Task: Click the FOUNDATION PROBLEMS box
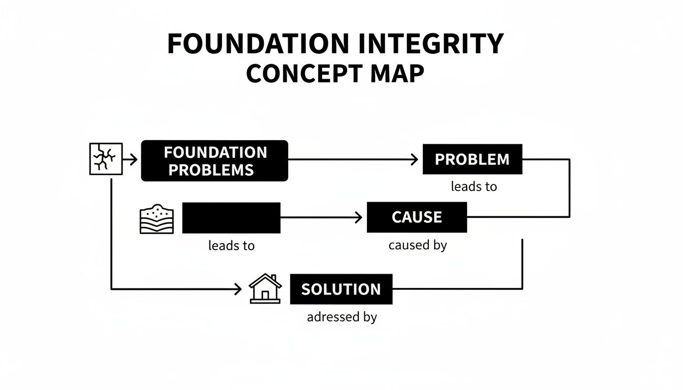214,161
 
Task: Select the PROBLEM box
472,159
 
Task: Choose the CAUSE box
417,217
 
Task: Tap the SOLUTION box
341,289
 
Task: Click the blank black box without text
231,218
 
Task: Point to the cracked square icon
106,159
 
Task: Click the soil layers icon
157,219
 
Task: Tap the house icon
265,289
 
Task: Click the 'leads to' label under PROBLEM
474,187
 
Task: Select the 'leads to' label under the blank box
231,246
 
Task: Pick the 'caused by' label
417,245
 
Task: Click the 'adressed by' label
341,317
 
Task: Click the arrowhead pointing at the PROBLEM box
414,160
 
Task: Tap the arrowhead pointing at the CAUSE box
358,218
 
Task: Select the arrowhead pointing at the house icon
237,289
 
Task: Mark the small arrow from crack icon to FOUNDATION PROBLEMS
131,160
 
